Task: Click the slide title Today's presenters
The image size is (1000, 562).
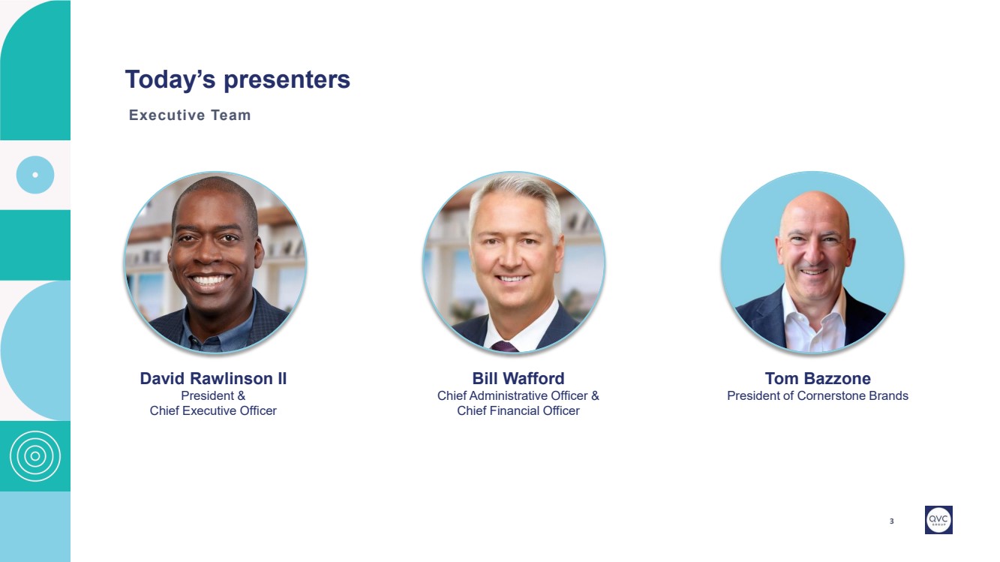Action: pos(238,80)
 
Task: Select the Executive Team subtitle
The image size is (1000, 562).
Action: pos(190,115)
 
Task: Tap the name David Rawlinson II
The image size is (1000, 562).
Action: pos(213,378)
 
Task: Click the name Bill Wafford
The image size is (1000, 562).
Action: pos(518,378)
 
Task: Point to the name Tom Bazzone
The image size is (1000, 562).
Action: pos(818,378)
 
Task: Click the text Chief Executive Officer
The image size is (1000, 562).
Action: pos(213,410)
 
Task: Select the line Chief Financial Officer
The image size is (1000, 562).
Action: pos(518,410)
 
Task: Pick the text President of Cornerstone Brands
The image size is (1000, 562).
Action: pos(818,396)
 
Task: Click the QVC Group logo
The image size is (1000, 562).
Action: pos(938,519)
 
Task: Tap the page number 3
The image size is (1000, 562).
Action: pos(891,521)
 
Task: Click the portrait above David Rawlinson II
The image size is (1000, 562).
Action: pos(215,263)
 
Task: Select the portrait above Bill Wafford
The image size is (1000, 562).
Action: pos(514,263)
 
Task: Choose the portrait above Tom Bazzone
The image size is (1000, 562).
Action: pos(812,263)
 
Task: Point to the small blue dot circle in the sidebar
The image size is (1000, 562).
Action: pos(35,175)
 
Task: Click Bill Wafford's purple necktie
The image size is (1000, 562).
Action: pos(504,347)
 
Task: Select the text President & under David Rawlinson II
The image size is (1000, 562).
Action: pos(213,396)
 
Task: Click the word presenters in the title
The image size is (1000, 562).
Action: pos(287,80)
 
